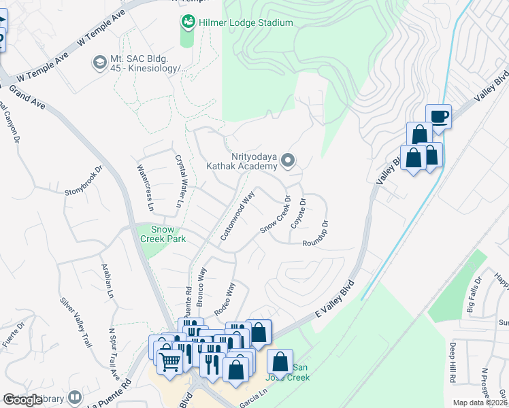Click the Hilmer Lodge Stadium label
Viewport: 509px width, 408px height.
[246, 23]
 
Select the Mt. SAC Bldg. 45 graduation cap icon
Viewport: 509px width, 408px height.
[99, 63]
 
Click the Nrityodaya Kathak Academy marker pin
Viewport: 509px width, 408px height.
[289, 161]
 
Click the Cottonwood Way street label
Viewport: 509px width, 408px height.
[237, 216]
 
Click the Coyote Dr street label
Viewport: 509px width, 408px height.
[298, 212]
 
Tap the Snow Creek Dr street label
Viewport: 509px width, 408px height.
[275, 216]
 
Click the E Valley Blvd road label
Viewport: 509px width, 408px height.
[335, 299]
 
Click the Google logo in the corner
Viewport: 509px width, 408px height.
[22, 401]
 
